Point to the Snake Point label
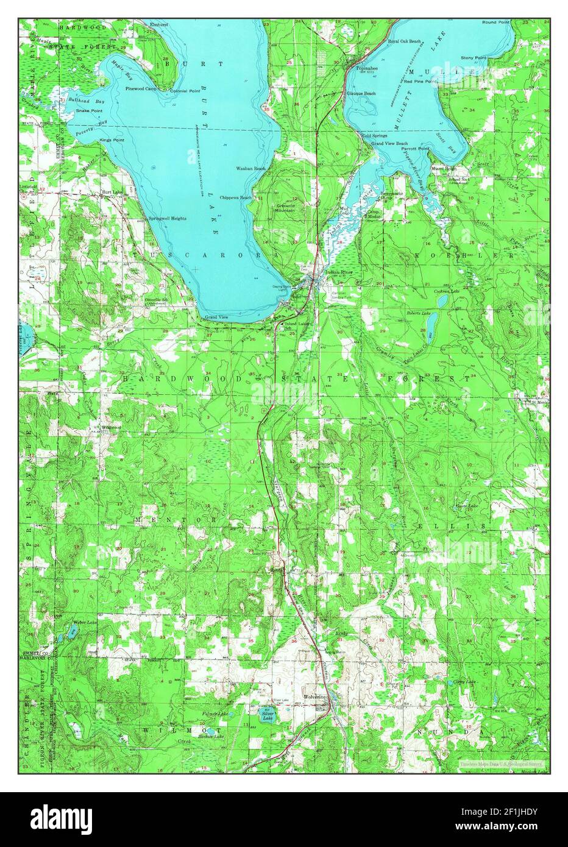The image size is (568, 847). [x=90, y=111]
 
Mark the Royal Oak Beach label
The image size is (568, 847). [x=404, y=41]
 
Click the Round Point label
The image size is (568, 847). [x=495, y=22]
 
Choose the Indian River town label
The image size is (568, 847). [x=339, y=271]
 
